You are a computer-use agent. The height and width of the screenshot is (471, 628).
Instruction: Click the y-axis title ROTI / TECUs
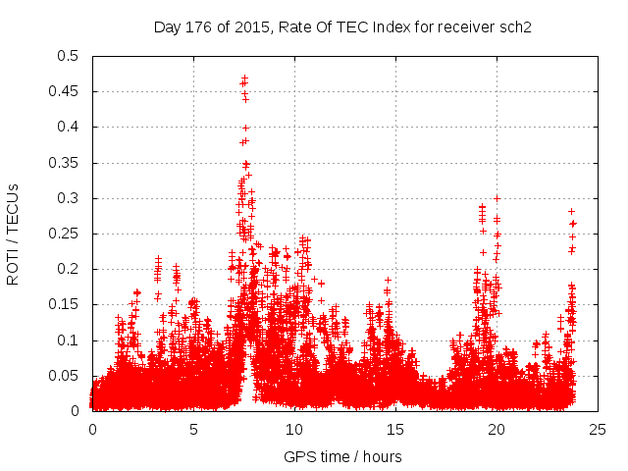tap(14, 234)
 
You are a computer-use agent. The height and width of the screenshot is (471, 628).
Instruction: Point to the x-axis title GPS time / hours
tap(342, 456)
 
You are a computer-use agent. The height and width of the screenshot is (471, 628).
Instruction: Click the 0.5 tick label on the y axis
tap(68, 56)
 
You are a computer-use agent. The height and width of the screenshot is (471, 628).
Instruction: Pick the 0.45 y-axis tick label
tap(64, 91)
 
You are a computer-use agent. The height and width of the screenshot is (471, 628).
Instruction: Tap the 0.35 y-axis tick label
tap(64, 163)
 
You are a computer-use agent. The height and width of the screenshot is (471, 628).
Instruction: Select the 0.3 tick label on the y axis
tap(68, 198)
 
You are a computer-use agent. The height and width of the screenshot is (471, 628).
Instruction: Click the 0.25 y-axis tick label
tap(64, 234)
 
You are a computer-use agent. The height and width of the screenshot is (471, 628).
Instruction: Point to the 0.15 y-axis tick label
tap(64, 304)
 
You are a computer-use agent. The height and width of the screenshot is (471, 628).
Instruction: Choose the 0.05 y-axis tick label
tap(64, 376)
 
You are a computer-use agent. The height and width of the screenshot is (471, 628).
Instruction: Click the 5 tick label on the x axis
tap(193, 429)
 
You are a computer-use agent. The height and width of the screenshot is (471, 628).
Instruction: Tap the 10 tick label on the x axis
tap(294, 429)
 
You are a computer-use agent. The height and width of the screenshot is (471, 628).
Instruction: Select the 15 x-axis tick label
tap(395, 429)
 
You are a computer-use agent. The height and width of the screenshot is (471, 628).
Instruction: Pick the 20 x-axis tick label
tap(497, 429)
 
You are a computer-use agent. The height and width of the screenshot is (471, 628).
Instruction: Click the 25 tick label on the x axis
tap(598, 429)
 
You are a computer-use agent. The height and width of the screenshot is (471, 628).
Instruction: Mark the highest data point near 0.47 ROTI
tap(244, 78)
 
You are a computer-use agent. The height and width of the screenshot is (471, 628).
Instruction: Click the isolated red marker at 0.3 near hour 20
tap(497, 198)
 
